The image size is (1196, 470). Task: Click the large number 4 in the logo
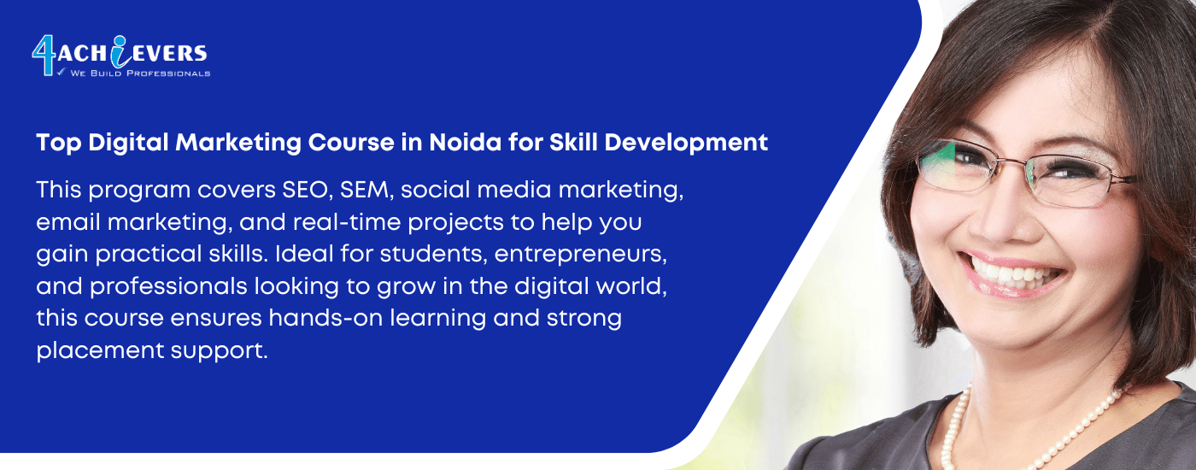(44, 56)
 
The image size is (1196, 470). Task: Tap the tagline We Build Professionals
(140, 73)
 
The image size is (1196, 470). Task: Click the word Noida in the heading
(465, 143)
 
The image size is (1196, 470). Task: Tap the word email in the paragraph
(68, 222)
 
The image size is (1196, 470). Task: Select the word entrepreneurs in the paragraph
(580, 255)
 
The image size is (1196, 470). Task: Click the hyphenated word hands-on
(325, 318)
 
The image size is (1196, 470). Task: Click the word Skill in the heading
(573, 143)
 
